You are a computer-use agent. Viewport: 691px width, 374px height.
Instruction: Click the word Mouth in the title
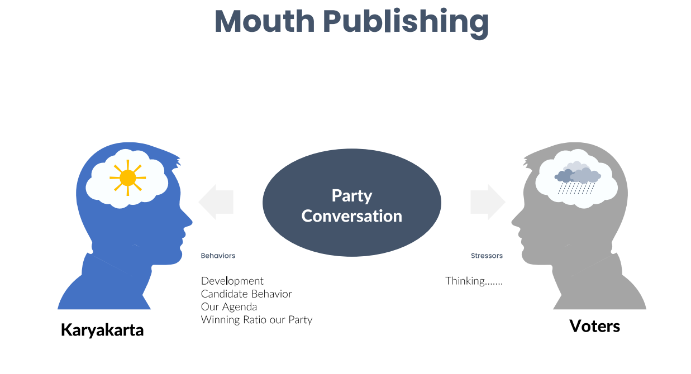[265, 21]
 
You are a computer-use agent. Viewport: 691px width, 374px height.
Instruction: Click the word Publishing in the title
[406, 23]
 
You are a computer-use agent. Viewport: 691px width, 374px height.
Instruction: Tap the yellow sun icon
[128, 178]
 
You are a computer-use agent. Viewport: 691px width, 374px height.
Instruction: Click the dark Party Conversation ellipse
[352, 203]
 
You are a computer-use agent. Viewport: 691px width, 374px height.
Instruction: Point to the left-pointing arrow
[216, 202]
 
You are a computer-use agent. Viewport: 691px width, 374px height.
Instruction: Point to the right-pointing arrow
[488, 202]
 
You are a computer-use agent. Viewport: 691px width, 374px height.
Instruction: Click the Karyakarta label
[102, 330]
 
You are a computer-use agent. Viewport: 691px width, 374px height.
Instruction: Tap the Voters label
[594, 326]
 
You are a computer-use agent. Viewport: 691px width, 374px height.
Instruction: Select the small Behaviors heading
[218, 256]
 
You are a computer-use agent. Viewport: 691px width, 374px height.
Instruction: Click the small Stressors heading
[487, 256]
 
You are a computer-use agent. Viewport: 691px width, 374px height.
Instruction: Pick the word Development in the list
[232, 281]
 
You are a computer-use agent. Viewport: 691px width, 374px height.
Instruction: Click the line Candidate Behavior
[246, 294]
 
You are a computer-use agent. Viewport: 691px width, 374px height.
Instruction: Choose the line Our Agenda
[229, 307]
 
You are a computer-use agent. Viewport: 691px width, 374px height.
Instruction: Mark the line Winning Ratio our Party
[256, 320]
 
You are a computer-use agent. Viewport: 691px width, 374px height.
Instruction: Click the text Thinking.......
[474, 281]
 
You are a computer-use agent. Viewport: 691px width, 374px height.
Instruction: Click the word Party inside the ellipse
[352, 196]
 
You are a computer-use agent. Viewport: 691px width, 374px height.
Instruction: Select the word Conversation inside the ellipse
[352, 216]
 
